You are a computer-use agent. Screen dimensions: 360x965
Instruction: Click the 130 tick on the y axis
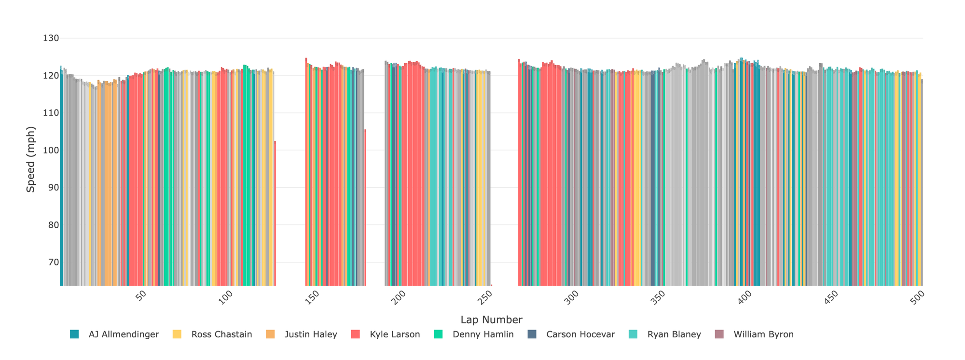click(48, 38)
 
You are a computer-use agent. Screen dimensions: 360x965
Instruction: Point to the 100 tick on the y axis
click(48, 150)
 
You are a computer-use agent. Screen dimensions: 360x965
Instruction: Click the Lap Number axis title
click(491, 319)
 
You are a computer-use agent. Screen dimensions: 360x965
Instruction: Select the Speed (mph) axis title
click(31, 159)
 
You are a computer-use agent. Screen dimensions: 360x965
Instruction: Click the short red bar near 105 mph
click(365, 208)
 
